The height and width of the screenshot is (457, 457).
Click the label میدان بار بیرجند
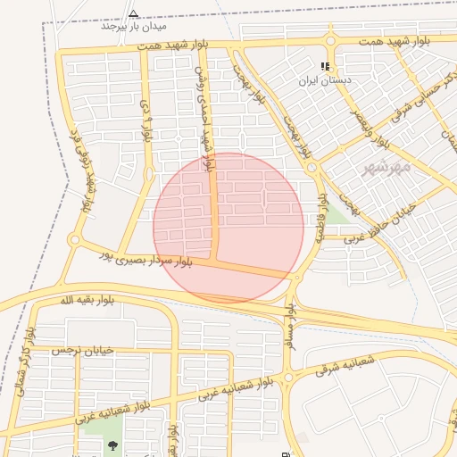[x=133, y=25]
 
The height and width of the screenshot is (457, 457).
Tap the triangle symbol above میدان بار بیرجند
[x=133, y=13]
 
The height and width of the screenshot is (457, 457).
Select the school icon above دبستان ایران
[x=326, y=66]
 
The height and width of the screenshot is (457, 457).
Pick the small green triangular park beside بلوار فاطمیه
[x=336, y=215]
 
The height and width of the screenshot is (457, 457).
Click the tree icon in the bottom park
[x=112, y=445]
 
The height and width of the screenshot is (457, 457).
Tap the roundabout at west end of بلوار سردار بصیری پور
[x=75, y=240]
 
